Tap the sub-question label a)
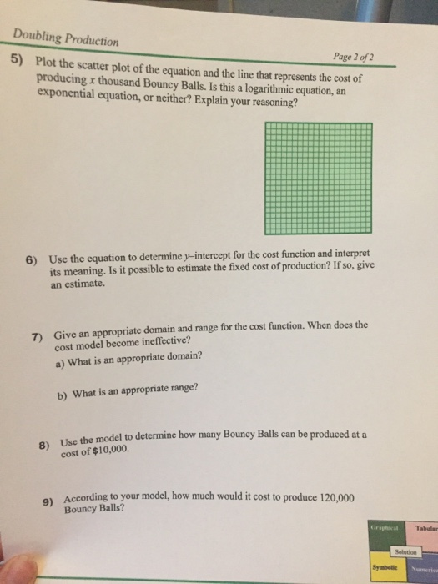pos(59,364)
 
